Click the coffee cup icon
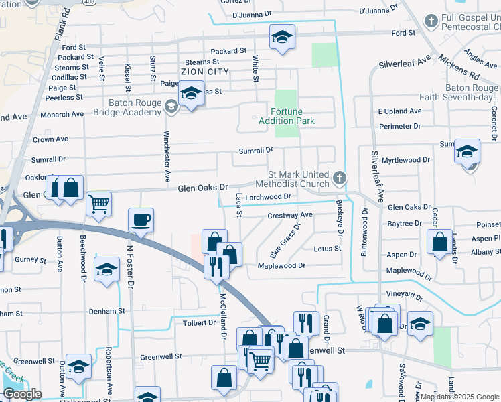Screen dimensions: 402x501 pos(141,220)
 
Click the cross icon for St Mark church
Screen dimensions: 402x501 pos(340,179)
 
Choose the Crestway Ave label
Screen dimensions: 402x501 pos(290,215)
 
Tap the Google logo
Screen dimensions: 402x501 pos(22,394)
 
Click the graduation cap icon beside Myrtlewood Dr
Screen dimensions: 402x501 pos(468,151)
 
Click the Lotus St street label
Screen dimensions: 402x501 pos(328,249)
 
